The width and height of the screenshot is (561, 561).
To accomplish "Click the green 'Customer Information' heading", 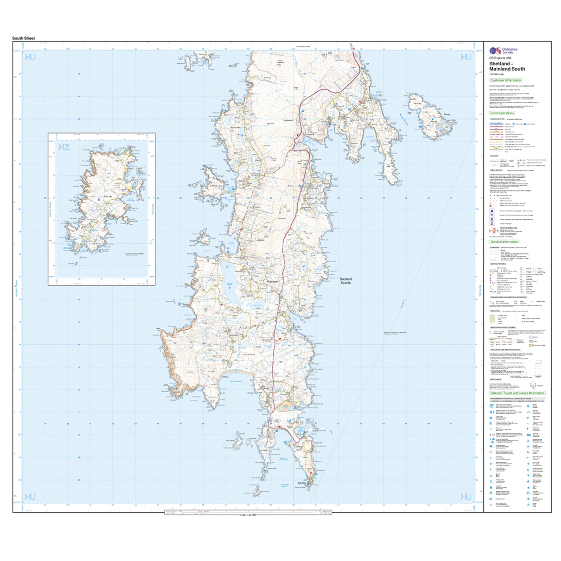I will (505, 80).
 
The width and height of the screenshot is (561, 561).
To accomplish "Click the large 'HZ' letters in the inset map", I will (64, 147).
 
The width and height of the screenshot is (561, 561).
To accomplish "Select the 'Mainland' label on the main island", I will (272, 282).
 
